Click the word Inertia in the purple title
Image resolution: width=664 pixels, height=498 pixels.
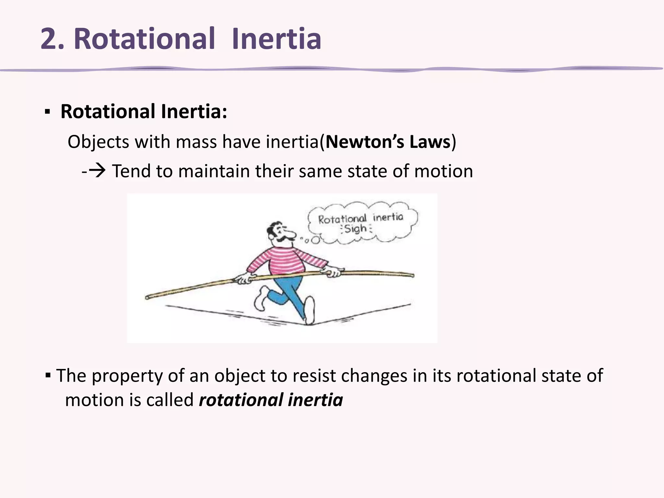point(277,39)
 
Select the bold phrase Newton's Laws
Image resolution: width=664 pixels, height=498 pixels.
point(388,142)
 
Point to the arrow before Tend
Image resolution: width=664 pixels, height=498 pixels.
point(97,171)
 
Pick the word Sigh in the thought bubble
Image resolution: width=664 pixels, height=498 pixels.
point(355,229)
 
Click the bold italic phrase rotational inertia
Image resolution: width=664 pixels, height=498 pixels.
point(271,400)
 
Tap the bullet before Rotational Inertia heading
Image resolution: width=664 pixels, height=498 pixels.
point(47,113)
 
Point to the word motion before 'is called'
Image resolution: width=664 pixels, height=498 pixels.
point(94,400)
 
